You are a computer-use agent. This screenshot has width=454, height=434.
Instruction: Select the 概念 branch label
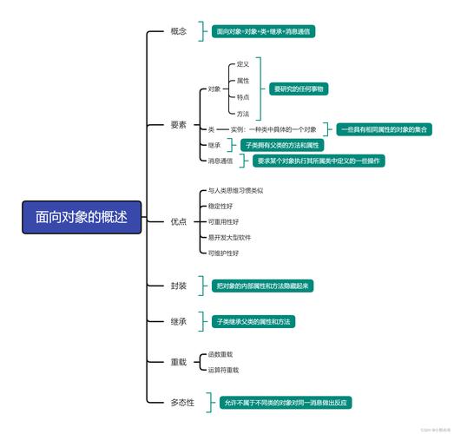[x=179, y=31]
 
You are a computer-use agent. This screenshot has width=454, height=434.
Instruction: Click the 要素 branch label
[x=179, y=125]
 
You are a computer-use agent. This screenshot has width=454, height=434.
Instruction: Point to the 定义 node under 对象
[x=243, y=64]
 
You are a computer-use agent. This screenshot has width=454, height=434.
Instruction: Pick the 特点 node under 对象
[x=243, y=97]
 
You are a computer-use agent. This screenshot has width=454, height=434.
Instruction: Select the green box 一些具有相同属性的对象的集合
[x=385, y=129]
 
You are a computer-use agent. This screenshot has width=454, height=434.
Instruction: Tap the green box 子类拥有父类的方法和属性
[x=283, y=145]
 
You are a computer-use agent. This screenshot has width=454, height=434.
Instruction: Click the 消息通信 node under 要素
[x=220, y=161]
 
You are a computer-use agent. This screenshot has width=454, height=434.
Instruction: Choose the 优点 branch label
[x=179, y=222]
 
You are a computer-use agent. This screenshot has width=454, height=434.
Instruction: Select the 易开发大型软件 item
[x=229, y=237]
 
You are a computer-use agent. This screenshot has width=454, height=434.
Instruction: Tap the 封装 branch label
[x=179, y=286]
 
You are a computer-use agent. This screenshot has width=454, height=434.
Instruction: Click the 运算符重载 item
[x=224, y=370]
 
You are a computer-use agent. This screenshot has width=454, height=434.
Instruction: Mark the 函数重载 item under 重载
[x=220, y=354]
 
